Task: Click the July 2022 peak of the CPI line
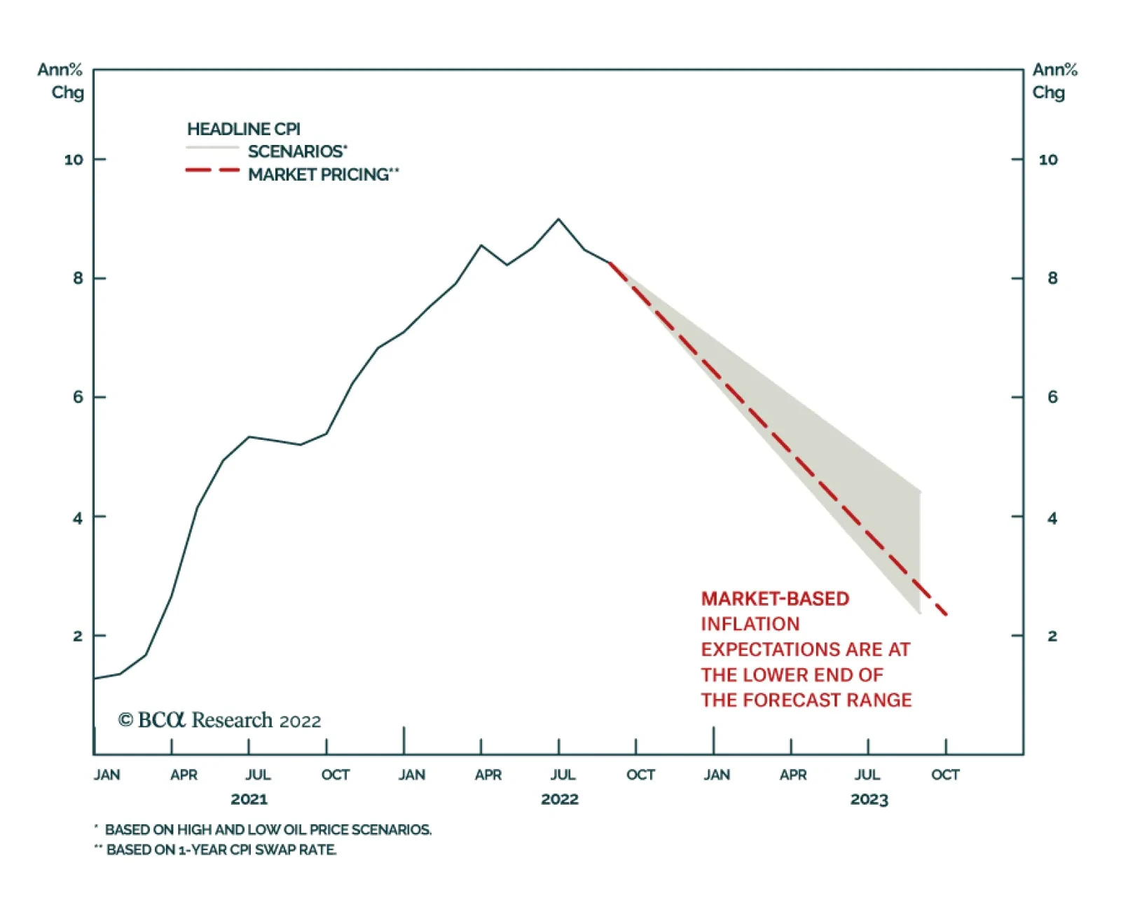[558, 219]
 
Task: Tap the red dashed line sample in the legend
[212, 170]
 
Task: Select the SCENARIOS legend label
[297, 151]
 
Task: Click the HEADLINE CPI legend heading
[243, 129]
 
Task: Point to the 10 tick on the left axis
[74, 160]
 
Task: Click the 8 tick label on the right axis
[1052, 278]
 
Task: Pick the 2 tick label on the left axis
[77, 636]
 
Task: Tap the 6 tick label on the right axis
[1052, 397]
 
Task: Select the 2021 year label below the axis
[249, 799]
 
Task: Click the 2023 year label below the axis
[869, 799]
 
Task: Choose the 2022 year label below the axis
[559, 799]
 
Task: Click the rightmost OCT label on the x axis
[944, 775]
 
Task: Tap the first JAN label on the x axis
[106, 775]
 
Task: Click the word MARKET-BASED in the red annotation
[775, 599]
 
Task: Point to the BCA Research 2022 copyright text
[219, 720]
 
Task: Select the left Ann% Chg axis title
[62, 81]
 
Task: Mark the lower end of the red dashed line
[946, 614]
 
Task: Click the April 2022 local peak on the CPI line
[481, 245]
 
